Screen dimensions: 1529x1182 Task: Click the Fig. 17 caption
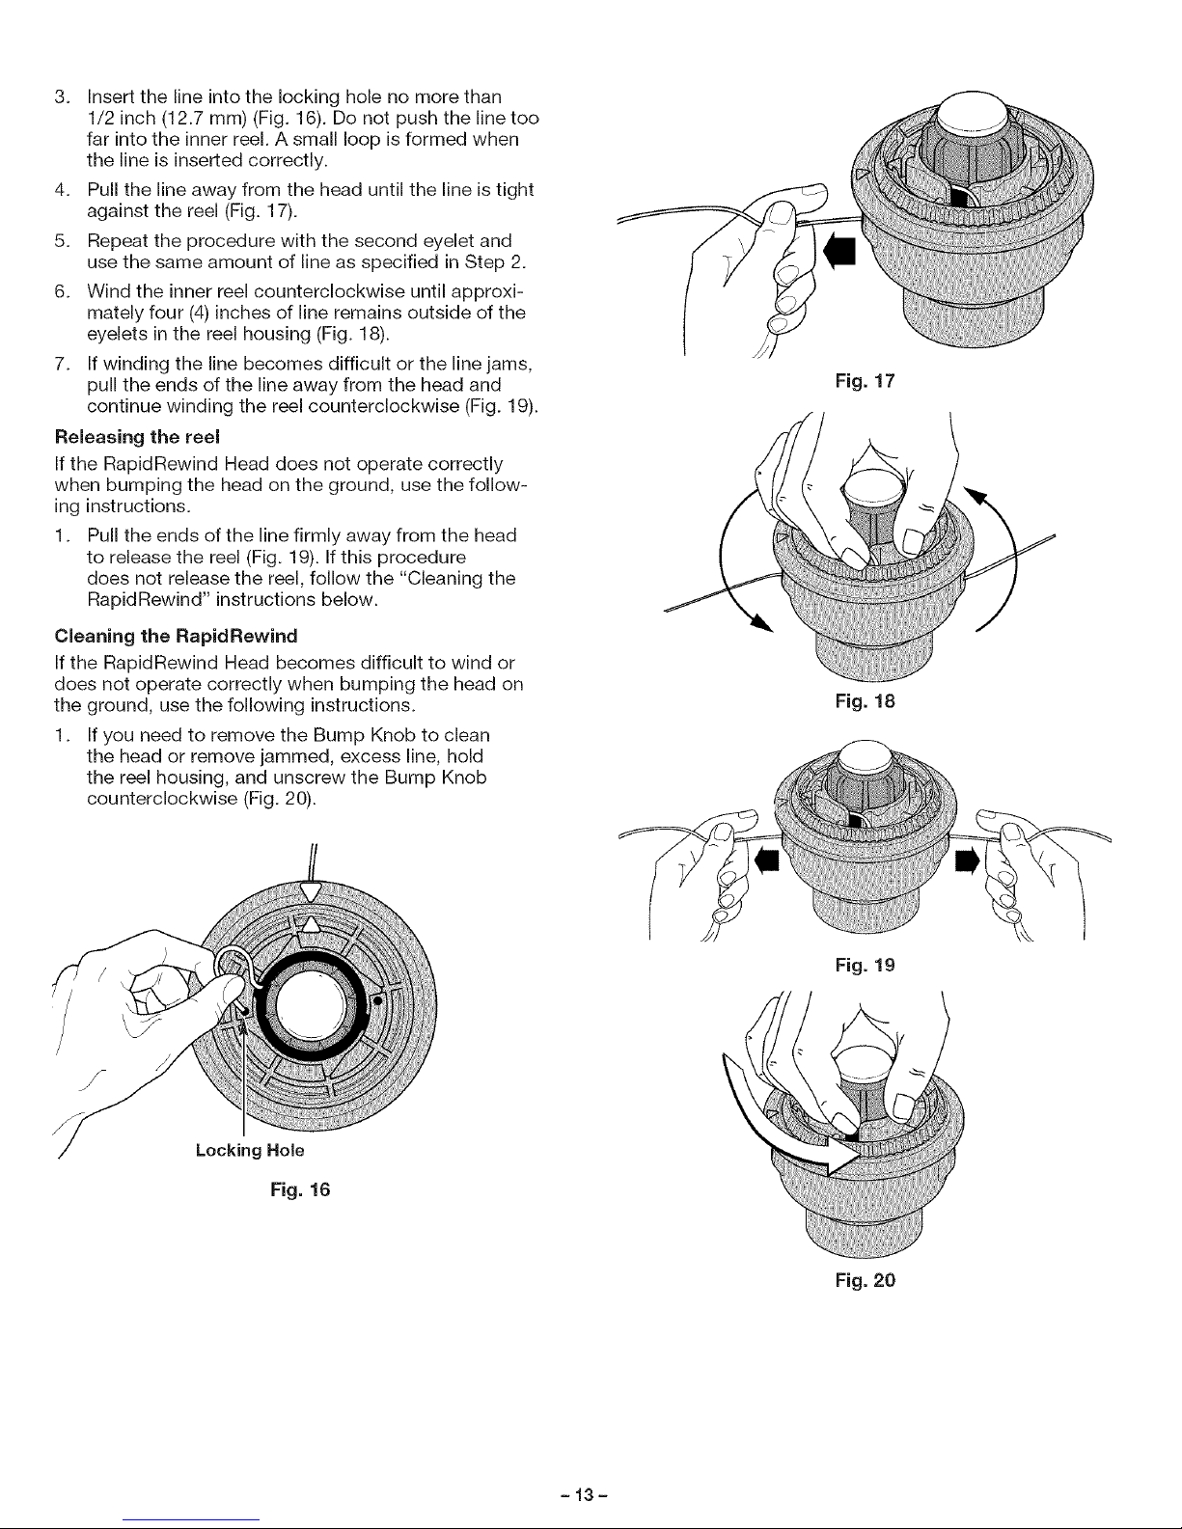pyautogui.click(x=869, y=382)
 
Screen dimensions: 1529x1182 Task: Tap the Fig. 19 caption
pyautogui.click(x=869, y=964)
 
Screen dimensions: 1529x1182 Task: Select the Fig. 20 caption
pyautogui.click(x=869, y=1281)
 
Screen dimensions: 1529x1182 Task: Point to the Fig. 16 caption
pyautogui.click(x=304, y=1189)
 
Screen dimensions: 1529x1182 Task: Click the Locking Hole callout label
pyautogui.click(x=249, y=1150)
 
